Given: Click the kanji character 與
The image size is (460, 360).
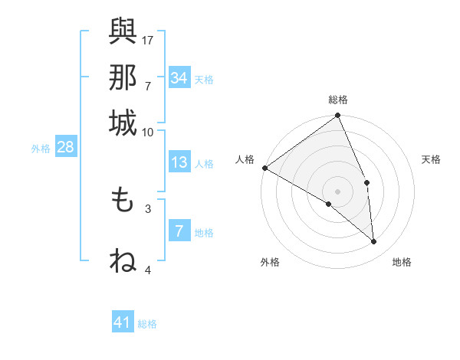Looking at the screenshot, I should coord(123,32).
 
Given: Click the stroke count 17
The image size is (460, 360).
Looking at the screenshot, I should coord(148,39).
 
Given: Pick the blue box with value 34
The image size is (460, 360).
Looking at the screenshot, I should coord(179,78).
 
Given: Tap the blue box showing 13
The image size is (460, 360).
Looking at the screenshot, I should coord(179,162).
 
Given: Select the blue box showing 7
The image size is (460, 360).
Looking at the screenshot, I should coord(179,231).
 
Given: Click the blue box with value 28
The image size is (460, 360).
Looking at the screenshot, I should coord(65,148).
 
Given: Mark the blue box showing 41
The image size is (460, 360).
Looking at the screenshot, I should coord(123,322).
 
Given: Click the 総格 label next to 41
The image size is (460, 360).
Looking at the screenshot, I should coord(147,324).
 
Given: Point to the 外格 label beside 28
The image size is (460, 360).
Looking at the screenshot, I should coord(41,149).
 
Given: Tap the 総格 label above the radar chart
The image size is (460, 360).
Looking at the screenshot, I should coord(338,100).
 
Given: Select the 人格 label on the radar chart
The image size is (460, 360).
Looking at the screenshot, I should coord(245,159).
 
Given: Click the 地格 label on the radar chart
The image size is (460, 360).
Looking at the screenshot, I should coord(402,262).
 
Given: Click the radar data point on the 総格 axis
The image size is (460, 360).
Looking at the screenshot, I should coord(338,116).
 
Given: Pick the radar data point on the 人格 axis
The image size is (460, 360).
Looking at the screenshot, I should coord(264,168).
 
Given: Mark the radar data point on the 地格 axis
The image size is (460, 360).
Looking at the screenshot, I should coord(374,241).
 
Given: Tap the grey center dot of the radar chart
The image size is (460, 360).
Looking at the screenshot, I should coord(338,191).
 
